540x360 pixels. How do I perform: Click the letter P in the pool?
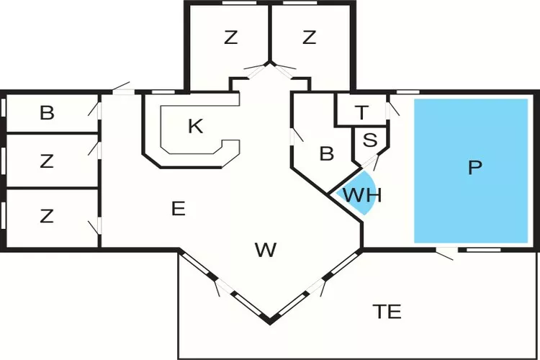[473, 168]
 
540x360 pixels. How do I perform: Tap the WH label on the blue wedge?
[361, 194]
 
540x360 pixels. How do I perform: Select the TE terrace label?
[387, 312]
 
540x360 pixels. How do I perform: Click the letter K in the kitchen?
[195, 127]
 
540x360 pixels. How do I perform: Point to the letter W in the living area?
[266, 250]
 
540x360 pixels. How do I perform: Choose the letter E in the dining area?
[179, 209]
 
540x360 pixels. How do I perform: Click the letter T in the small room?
[362, 112]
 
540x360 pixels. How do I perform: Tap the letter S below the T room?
[369, 140]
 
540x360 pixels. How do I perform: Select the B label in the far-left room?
[47, 113]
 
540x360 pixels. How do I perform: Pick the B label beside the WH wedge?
[327, 153]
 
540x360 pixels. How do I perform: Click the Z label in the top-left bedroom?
[230, 38]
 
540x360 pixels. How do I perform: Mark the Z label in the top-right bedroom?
[309, 38]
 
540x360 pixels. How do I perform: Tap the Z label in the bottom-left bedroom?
[47, 216]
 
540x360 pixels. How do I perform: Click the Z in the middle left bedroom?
[47, 161]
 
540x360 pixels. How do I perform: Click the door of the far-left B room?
[96, 108]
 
